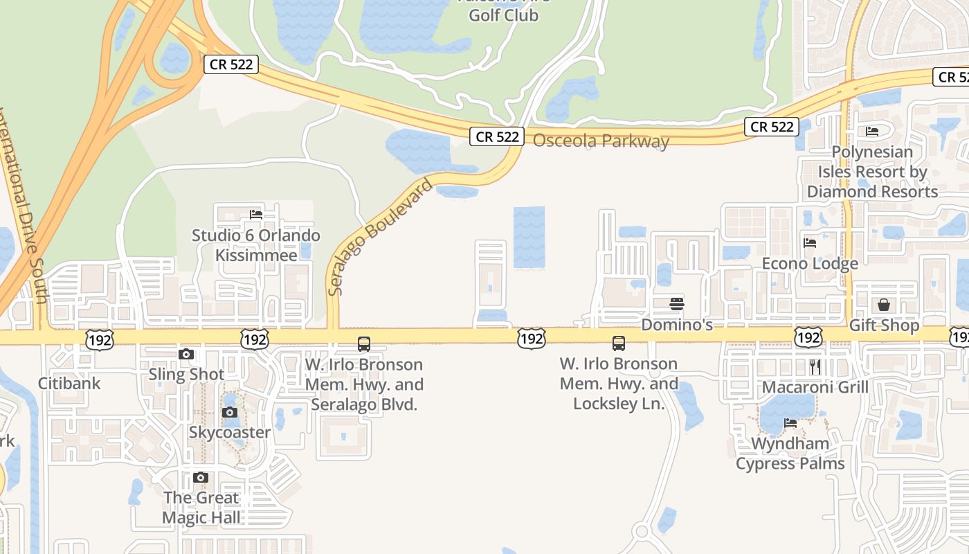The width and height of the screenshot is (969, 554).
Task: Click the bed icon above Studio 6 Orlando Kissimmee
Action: pos(256,215)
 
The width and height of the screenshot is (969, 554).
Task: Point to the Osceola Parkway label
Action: pos(601,141)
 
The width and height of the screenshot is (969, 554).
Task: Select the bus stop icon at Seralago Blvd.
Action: pos(364,343)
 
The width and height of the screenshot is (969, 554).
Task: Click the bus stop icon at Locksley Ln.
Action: pos(619,343)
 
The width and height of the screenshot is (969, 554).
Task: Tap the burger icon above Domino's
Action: pos(677,303)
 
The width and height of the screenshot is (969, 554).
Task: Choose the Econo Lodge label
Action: pos(810,263)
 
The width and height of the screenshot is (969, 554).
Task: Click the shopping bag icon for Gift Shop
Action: pos(884,305)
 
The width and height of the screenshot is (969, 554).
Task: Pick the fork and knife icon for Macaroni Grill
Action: pos(815,366)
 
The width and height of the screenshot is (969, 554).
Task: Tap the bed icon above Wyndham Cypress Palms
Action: pos(790,423)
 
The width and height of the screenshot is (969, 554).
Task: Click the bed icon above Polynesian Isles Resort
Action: pos(872,131)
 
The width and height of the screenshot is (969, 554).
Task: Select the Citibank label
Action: pos(69,383)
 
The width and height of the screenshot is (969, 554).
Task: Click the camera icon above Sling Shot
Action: pos(186,355)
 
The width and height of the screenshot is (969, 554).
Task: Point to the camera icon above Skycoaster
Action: pos(230,413)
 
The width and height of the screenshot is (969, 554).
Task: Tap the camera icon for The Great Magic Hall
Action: pos(201,478)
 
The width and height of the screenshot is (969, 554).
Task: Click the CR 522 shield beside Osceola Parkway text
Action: pos(497,136)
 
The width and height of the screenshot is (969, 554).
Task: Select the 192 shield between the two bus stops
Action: pos(532,339)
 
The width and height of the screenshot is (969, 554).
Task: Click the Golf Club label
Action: pos(503,15)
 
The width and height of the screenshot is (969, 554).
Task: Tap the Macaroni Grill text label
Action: pos(815,387)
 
